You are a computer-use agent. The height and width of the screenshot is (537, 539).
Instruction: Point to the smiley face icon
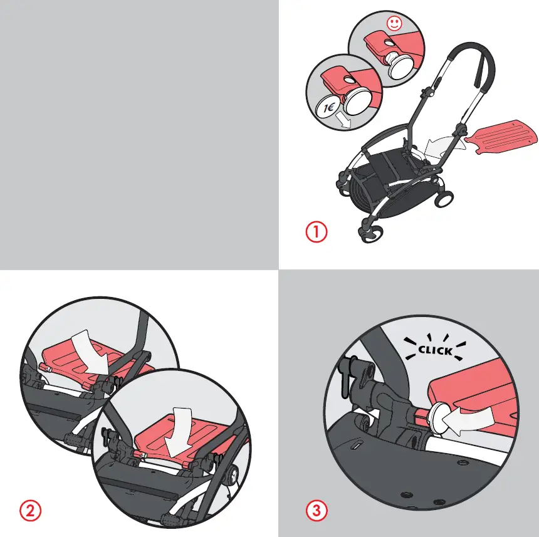coord(394,25)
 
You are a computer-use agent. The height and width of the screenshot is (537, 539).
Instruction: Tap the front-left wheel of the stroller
coord(368,232)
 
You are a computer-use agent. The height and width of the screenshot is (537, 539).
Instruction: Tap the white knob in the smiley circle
coord(398,65)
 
